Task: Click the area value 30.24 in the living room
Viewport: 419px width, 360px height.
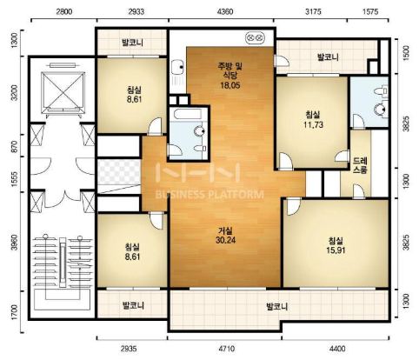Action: (225, 240)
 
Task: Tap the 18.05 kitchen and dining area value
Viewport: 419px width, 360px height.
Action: (229, 85)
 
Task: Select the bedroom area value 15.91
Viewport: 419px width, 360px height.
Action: (336, 250)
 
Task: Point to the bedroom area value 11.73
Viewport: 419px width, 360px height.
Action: (313, 125)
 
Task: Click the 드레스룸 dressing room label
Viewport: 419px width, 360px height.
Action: (360, 165)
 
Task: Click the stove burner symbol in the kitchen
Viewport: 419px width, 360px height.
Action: (256, 38)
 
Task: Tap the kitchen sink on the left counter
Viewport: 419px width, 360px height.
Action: (176, 67)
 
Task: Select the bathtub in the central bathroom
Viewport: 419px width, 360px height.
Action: (188, 114)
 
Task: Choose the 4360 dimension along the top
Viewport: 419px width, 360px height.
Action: (224, 11)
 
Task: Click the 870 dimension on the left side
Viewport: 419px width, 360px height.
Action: (15, 146)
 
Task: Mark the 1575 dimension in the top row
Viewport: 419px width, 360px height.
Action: (370, 11)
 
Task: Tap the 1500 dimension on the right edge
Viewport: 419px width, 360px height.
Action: (406, 53)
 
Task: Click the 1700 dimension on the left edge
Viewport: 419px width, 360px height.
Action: (15, 312)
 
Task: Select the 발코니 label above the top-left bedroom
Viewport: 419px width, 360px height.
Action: (133, 43)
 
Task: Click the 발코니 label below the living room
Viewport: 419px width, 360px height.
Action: (277, 306)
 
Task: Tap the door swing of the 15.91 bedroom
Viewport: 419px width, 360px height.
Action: (294, 207)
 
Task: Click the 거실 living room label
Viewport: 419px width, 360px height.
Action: (225, 231)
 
